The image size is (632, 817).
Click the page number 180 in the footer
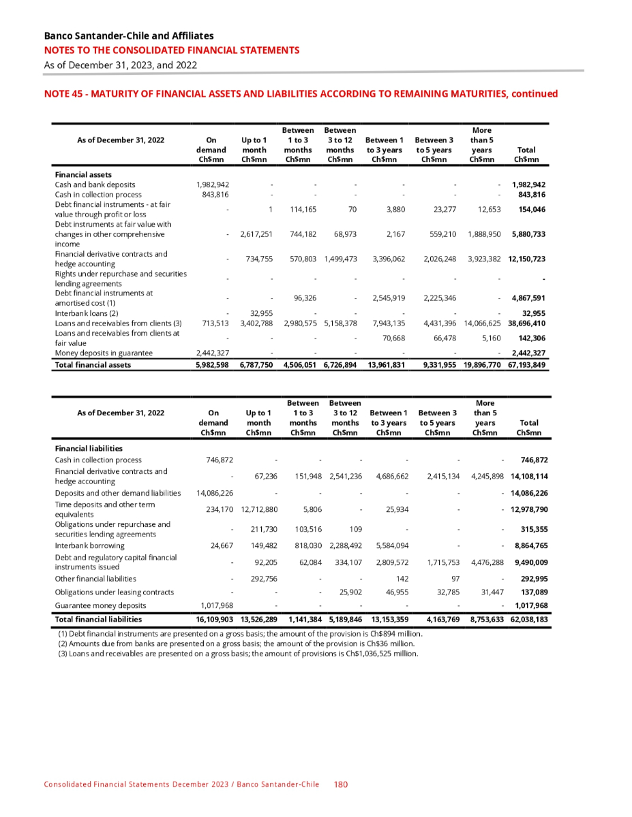pos(341,784)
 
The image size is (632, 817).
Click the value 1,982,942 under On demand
pos(213,185)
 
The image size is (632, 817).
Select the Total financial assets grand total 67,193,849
pos(527,365)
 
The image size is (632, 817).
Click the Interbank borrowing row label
pos(89,545)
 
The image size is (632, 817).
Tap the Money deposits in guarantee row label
pos(104,353)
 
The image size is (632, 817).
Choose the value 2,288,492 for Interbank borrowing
pos(345,545)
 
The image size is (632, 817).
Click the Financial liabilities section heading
pos(89,448)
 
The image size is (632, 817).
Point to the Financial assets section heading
pos(83,175)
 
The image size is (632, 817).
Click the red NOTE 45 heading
pos(301,94)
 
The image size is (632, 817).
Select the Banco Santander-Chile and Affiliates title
pos(128,35)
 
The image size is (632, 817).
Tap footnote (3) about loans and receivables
pos(238,654)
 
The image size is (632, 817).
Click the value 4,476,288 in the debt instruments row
pos(487,562)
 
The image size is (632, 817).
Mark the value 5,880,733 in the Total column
pos(527,234)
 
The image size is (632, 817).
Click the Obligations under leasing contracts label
pos(114,592)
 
